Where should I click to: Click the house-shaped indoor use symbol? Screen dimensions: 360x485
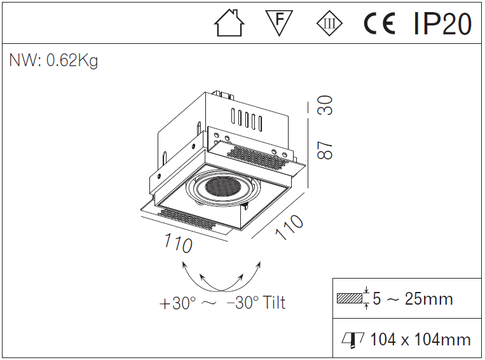[x=229, y=25]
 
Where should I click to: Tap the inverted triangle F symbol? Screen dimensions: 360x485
[x=278, y=24]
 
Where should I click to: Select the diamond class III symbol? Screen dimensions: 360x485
[x=329, y=25]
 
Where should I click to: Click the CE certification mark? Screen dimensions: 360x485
[x=379, y=25]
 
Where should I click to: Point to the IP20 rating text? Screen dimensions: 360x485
[x=442, y=25]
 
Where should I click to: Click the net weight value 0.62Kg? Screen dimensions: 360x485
[x=72, y=61]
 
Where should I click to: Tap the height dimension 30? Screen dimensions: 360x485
[x=325, y=106]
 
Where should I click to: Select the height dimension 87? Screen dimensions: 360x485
[x=325, y=150]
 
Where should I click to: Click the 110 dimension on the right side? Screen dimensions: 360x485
[x=290, y=227]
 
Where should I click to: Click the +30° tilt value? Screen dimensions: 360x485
[x=178, y=303]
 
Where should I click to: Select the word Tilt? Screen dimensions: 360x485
[x=273, y=303]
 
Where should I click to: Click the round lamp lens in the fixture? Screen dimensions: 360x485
[x=219, y=187]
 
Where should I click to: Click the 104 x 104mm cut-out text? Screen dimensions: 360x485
[x=420, y=340]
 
